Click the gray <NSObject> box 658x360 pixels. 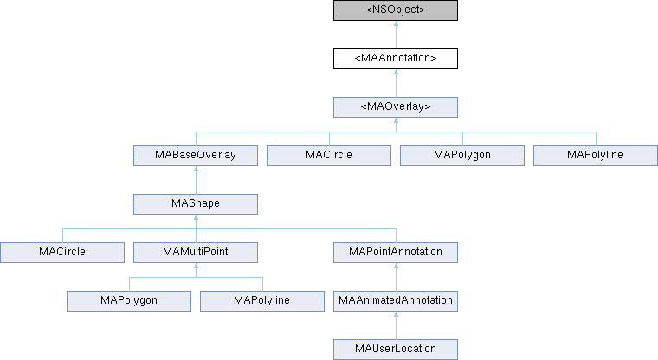click(x=396, y=10)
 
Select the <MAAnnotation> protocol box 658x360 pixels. click(x=396, y=59)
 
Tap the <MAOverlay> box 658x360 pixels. click(x=396, y=107)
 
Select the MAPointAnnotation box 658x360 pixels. click(x=396, y=253)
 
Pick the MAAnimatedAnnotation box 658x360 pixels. click(x=396, y=301)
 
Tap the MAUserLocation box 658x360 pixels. click(x=396, y=350)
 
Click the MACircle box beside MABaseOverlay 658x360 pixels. click(x=329, y=156)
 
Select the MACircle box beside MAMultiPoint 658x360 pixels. click(x=61, y=253)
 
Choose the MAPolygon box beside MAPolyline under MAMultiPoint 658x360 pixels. click(x=129, y=301)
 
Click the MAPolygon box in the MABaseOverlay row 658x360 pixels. click(x=462, y=156)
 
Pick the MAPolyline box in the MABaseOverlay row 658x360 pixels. click(x=596, y=156)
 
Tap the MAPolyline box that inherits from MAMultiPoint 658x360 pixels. click(x=262, y=301)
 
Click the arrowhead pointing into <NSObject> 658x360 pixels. click(x=396, y=26)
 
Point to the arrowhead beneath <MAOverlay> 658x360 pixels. click(x=396, y=123)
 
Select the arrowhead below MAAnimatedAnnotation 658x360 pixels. click(x=396, y=317)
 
